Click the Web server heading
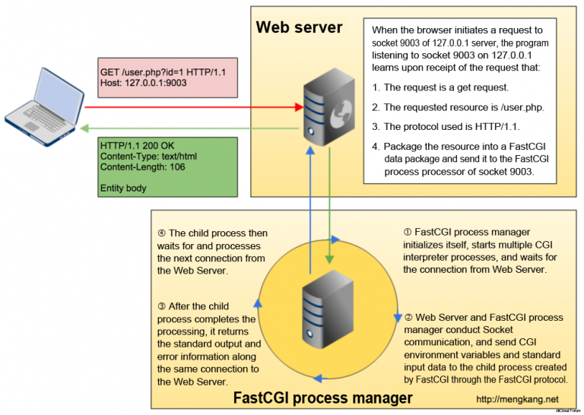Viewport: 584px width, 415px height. (299, 28)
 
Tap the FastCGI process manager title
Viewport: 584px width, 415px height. (322, 398)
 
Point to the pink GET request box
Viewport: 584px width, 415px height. (166, 76)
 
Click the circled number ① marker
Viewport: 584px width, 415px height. (408, 232)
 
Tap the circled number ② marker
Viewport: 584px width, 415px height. (408, 317)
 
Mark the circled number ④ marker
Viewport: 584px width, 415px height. (161, 233)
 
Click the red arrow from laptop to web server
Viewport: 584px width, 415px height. (190, 107)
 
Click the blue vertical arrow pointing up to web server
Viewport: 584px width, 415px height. (310, 213)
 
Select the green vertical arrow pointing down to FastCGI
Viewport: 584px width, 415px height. (328, 213)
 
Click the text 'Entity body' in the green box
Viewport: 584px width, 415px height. (124, 187)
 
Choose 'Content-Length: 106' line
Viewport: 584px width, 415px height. (143, 167)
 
